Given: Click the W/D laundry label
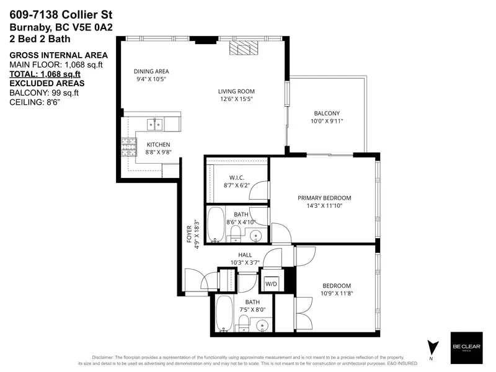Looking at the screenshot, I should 272,284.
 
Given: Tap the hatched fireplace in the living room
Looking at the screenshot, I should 241,50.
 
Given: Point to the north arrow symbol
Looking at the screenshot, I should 432,347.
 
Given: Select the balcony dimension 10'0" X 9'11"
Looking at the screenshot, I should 327,122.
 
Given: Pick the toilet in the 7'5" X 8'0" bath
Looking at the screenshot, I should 244,323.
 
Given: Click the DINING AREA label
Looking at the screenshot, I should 151,71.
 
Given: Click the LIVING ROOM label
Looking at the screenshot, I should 236,91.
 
